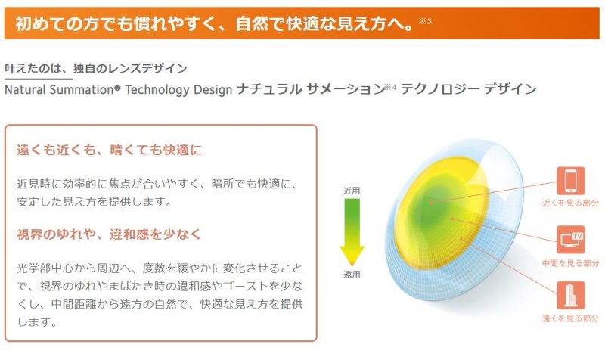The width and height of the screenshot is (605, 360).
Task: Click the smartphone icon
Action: tap(570, 181)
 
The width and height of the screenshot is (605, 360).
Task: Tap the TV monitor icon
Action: tap(570, 239)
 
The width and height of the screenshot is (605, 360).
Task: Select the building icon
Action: tap(570, 296)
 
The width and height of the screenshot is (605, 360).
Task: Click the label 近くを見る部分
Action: tap(570, 203)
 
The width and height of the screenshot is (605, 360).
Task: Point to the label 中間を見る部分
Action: tap(570, 262)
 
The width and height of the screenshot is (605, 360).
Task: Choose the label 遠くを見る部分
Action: tap(570, 319)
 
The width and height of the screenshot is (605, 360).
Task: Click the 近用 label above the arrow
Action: tap(352, 191)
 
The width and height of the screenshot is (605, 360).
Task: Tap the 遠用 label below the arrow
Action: tap(352, 275)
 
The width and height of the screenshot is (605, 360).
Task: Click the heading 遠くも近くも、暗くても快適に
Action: tap(110, 150)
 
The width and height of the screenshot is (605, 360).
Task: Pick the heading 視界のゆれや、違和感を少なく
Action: tap(110, 234)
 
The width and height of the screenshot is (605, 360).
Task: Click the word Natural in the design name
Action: tap(28, 89)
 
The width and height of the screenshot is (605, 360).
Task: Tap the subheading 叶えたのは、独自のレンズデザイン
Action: tap(96, 68)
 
